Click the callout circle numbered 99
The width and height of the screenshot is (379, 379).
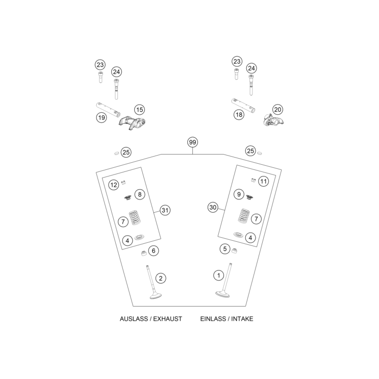[192, 142]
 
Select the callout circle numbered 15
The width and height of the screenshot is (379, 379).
[139, 110]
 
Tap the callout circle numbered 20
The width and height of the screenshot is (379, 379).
[277, 110]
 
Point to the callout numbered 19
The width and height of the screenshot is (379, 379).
[102, 118]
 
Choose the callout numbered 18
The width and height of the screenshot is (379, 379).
[239, 115]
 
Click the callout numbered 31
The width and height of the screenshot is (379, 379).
[165, 210]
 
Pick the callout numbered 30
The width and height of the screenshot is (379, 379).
[213, 208]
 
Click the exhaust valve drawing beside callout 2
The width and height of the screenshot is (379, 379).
[153, 283]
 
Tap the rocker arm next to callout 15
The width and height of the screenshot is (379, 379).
[132, 123]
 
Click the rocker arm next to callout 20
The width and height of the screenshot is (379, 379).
[273, 120]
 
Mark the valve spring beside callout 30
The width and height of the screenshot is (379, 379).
[244, 216]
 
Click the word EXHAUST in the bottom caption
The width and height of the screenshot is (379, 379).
[167, 319]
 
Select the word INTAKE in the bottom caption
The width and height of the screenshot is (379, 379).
[242, 319]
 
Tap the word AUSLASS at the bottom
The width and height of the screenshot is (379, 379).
[134, 319]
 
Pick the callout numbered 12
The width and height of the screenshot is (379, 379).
[114, 185]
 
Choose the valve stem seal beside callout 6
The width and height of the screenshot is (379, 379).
[144, 254]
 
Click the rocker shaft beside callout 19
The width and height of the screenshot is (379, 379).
[108, 110]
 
